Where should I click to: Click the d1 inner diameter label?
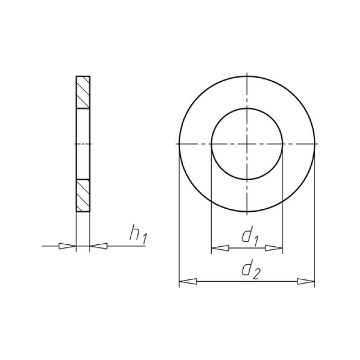250,236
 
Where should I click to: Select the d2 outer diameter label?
251,269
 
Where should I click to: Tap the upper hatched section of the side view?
83,92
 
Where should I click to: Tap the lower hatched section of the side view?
83,195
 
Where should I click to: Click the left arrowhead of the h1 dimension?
67,246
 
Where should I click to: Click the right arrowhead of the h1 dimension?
99,246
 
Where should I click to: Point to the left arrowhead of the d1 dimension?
220,248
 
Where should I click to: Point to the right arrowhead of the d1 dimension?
274,248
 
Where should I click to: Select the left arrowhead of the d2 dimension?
188,281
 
